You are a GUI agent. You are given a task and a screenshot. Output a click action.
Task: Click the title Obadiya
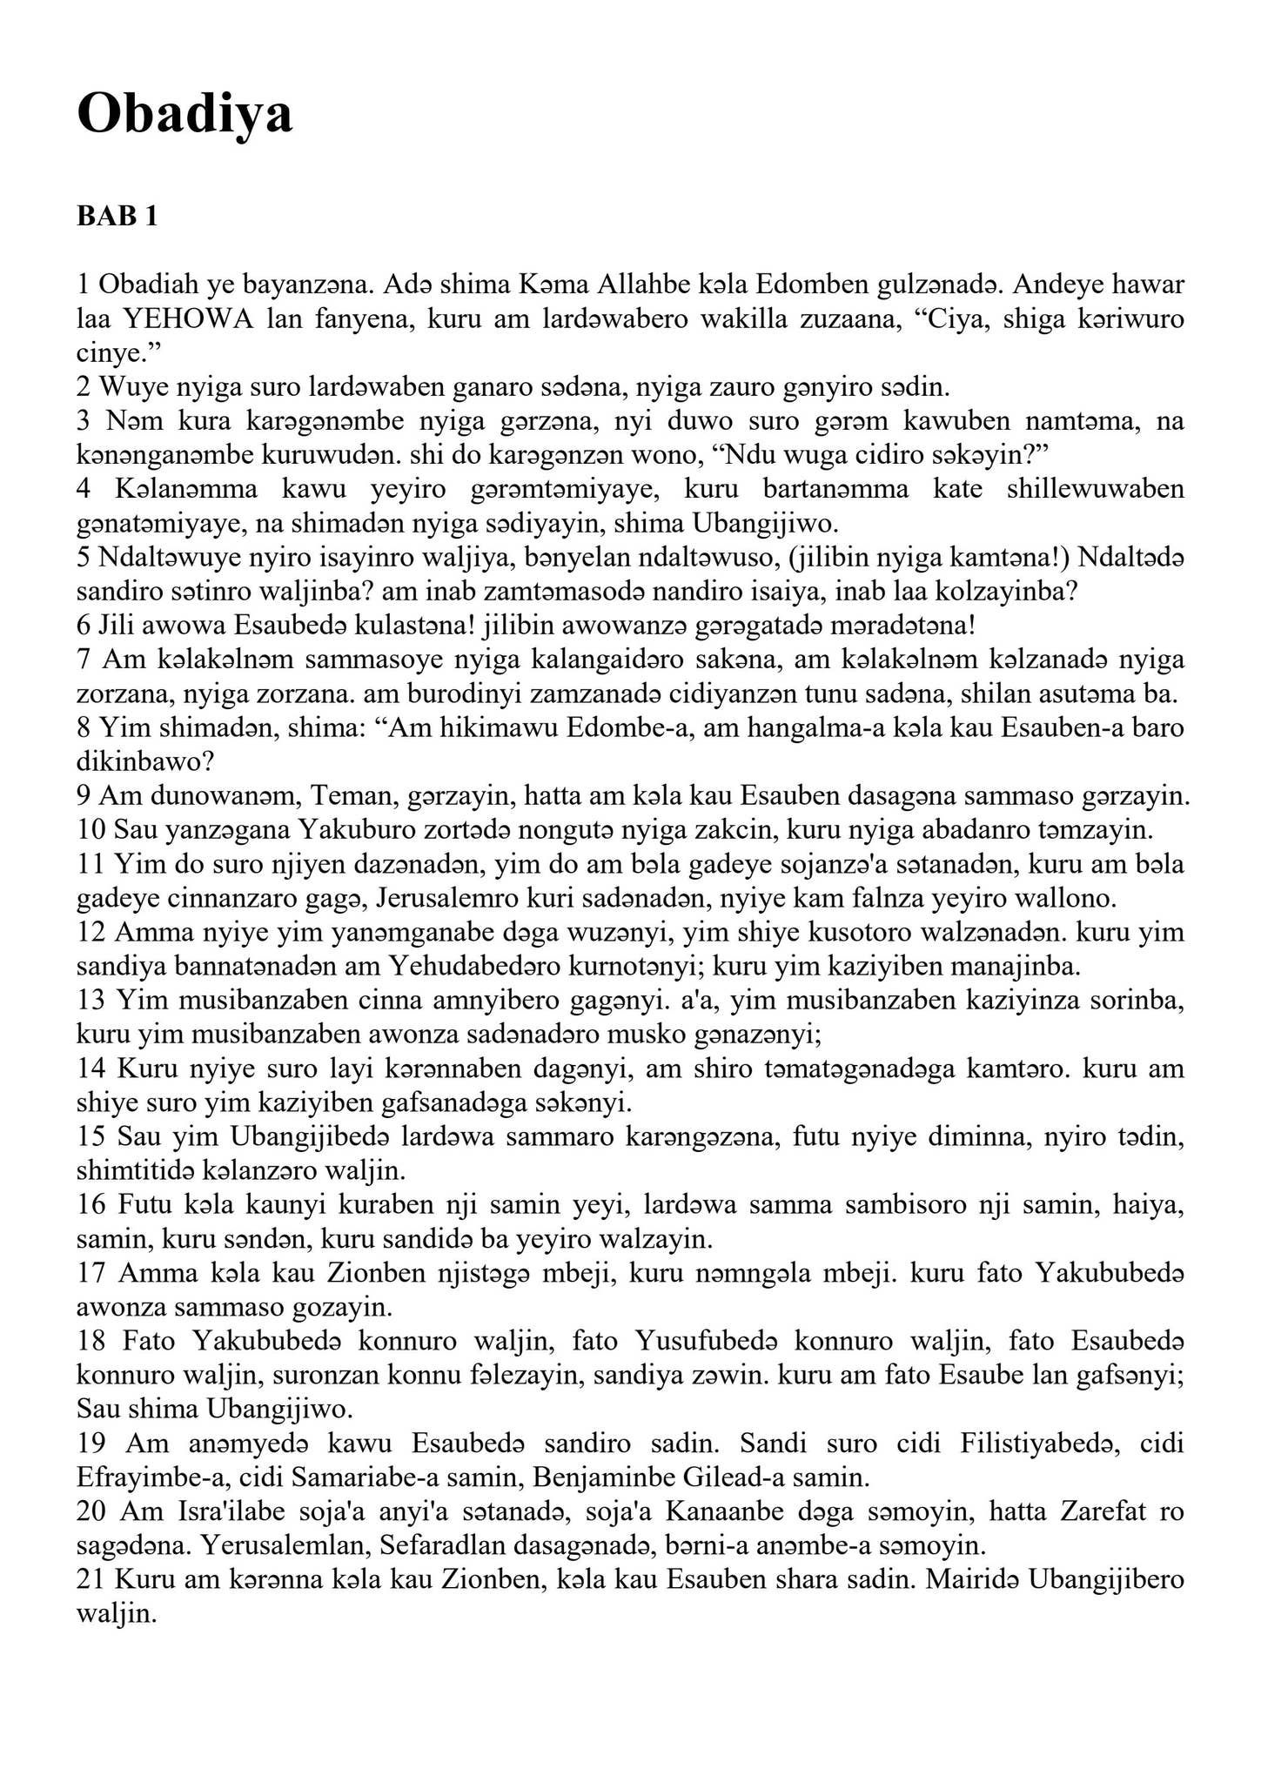click(x=184, y=114)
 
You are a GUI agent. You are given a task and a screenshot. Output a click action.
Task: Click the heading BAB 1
click(x=117, y=216)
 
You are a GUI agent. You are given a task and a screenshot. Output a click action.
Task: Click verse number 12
click(x=91, y=932)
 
